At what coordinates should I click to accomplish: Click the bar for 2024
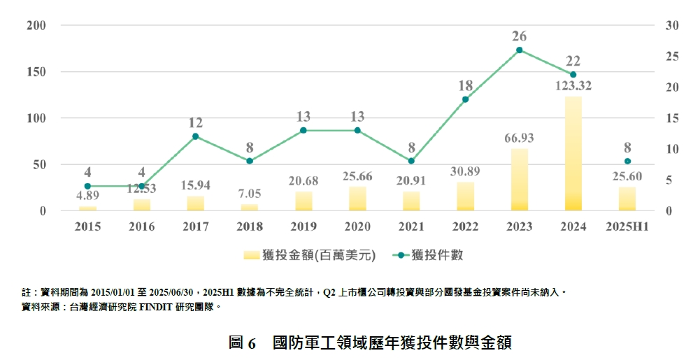(573, 154)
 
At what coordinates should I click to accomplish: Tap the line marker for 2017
(195, 136)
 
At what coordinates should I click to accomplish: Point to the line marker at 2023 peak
(519, 50)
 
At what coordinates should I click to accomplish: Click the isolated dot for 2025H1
(627, 161)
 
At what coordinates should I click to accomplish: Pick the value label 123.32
(573, 87)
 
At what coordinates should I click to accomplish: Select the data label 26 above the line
(519, 35)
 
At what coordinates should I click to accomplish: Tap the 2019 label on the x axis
(303, 226)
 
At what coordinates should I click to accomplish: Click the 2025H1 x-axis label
(627, 226)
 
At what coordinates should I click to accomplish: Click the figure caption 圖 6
(243, 343)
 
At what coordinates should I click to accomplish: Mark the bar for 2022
(465, 196)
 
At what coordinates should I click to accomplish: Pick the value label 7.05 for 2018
(250, 194)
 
